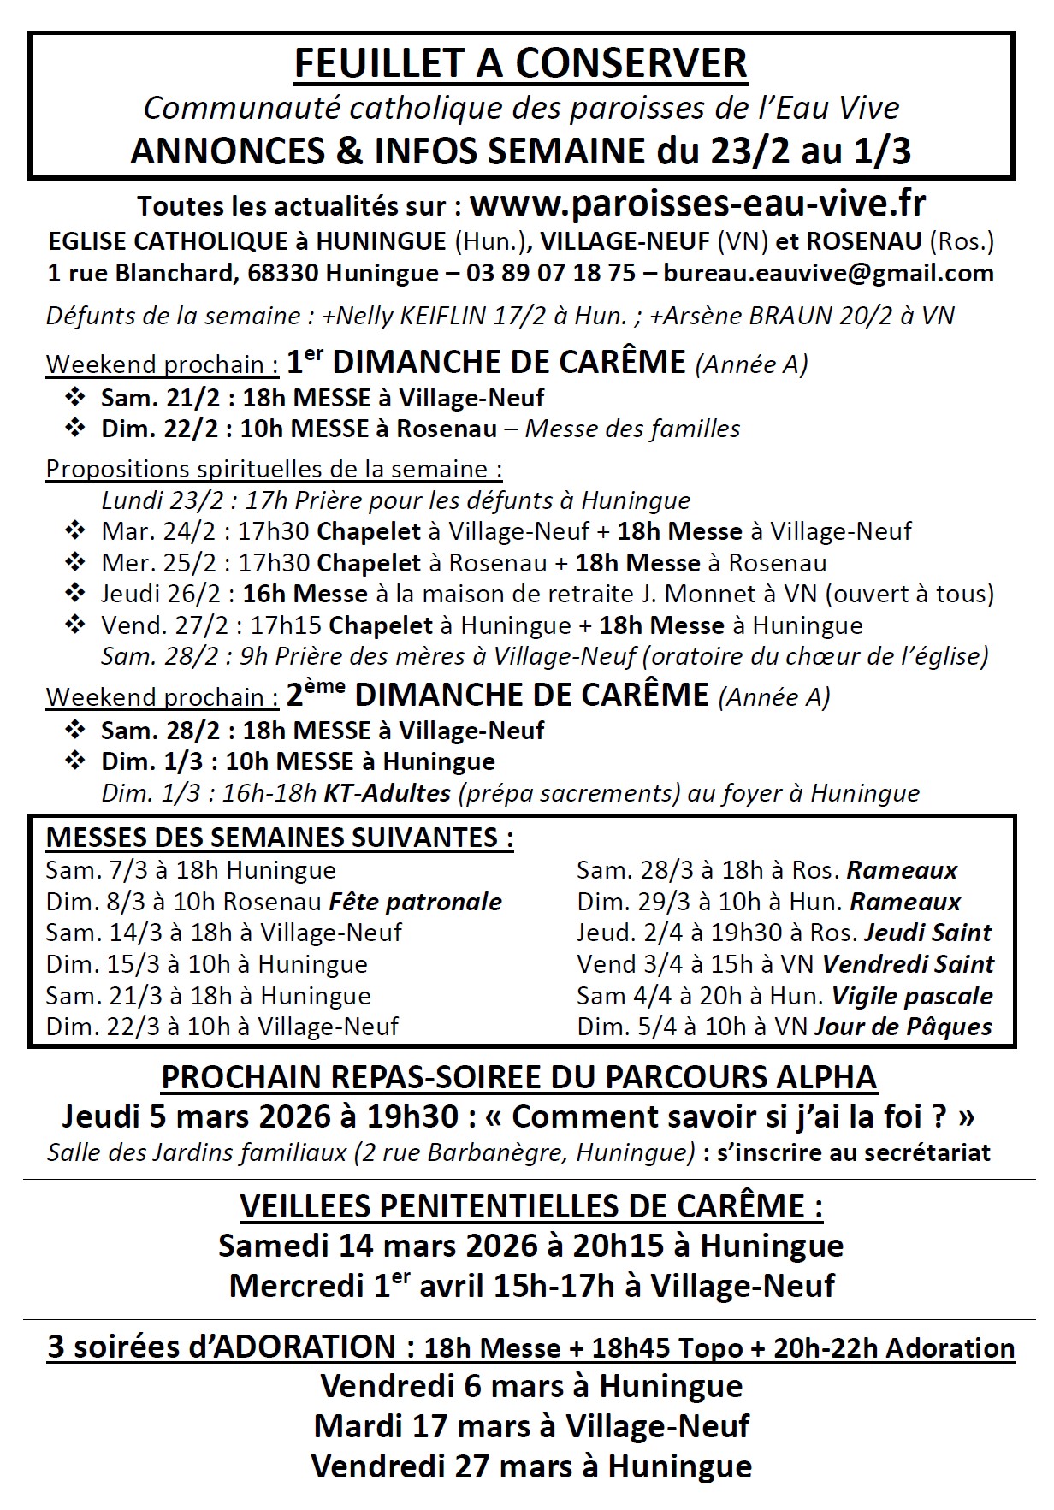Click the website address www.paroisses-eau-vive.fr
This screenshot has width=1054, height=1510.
coord(697,205)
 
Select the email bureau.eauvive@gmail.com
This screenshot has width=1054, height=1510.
coord(828,273)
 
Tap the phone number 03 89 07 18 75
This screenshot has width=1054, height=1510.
coord(551,273)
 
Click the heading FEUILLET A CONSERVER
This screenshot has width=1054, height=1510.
coord(520,64)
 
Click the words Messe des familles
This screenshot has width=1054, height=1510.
coord(632,429)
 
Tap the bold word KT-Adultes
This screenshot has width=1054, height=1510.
coord(386,793)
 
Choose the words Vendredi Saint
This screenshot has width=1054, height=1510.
coord(908,964)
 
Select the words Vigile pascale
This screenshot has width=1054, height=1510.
coord(912,996)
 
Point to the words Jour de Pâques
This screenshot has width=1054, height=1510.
coord(903,1027)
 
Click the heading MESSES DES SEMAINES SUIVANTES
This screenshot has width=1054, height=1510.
coord(279,838)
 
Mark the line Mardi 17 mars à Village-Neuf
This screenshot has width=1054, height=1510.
coord(531,1426)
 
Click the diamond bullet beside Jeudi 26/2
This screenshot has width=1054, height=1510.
coord(75,593)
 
